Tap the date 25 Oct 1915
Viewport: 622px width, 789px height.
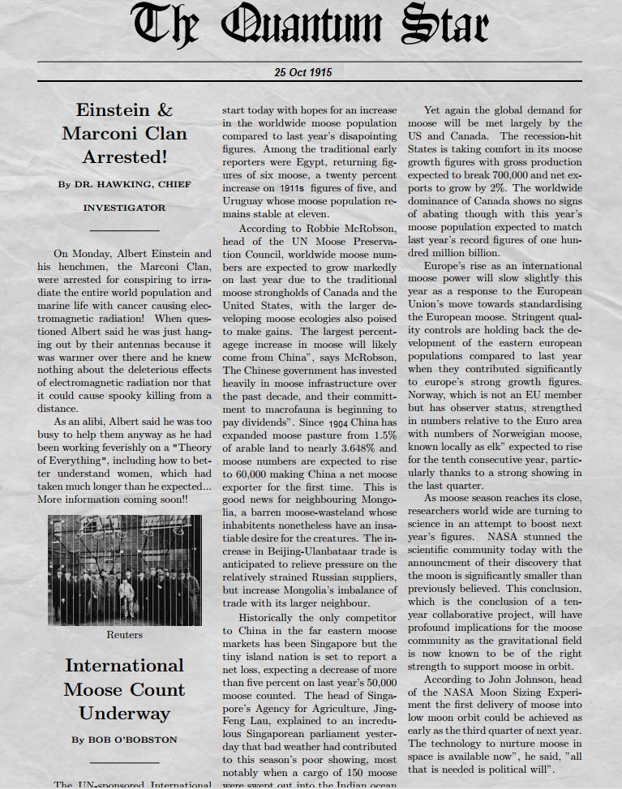pyautogui.click(x=302, y=72)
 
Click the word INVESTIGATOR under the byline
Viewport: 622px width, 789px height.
pyautogui.click(x=124, y=208)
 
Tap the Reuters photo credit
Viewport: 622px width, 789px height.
pyautogui.click(x=124, y=635)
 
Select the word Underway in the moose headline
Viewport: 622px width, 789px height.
pyautogui.click(x=124, y=714)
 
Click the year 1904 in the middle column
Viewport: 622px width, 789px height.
pyautogui.click(x=339, y=422)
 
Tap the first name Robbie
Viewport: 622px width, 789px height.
pyautogui.click(x=305, y=227)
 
